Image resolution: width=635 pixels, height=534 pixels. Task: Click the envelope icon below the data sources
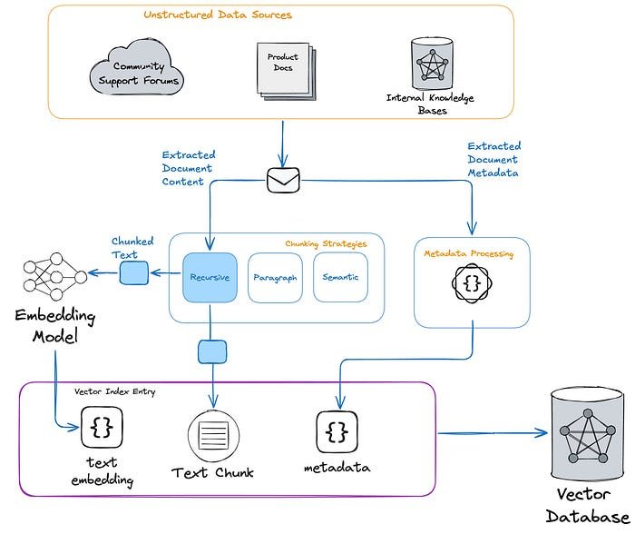tap(282, 181)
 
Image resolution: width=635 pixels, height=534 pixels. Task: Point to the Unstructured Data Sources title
tap(218, 15)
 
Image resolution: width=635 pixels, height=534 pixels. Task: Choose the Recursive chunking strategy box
tap(210, 277)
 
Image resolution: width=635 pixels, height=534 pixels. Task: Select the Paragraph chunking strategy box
tap(275, 277)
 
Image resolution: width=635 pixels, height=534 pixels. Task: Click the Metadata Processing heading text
tap(469, 254)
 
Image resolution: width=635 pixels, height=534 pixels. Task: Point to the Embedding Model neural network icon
tap(51, 275)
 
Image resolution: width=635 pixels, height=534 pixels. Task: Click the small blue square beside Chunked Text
tap(133, 272)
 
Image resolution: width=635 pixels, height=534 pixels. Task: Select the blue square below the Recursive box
tap(211, 351)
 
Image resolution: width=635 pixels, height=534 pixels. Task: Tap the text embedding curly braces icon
tap(102, 427)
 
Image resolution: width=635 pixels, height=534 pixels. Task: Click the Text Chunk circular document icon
tap(212, 433)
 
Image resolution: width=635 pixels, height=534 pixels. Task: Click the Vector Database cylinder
tap(587, 434)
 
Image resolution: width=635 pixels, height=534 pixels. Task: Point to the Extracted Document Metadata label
tap(494, 159)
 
